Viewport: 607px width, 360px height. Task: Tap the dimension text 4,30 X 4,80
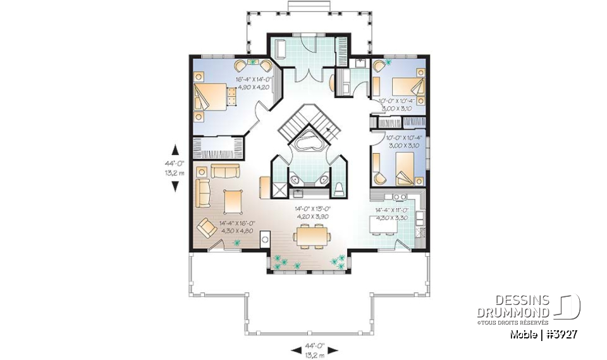tap(236, 231)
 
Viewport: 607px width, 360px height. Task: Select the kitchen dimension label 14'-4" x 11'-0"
tap(392, 209)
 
